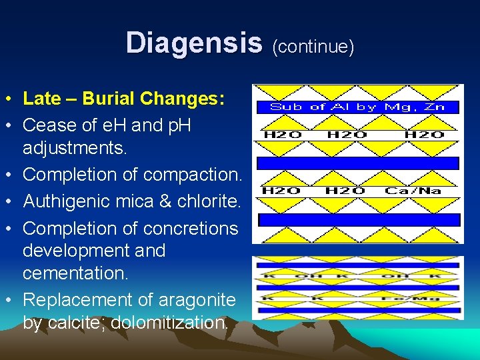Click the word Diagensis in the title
194,43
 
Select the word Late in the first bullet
41,99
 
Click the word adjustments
75,147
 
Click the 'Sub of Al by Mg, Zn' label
357,107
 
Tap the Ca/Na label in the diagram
413,191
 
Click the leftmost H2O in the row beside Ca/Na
282,191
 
